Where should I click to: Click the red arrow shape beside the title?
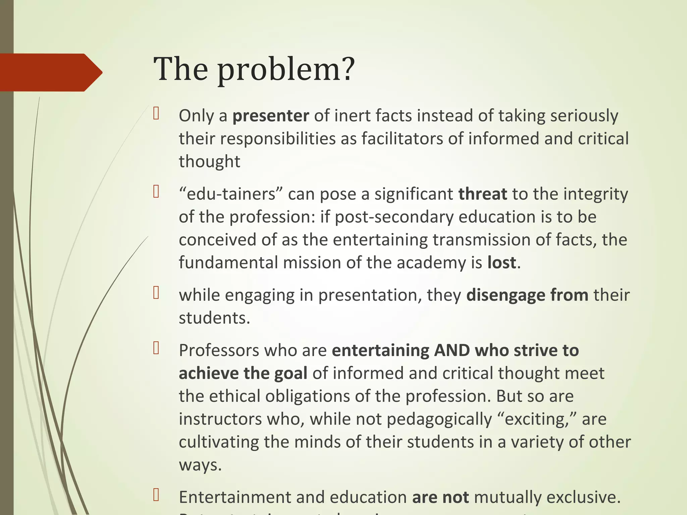[50, 72]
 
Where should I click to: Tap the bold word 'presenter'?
[271, 116]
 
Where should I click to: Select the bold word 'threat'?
[482, 194]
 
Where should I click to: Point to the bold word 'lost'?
[501, 263]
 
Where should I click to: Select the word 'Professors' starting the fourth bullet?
[219, 351]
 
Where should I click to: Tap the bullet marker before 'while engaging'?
[156, 293]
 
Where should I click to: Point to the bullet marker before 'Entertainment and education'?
[156, 495]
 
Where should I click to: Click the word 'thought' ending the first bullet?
[209, 162]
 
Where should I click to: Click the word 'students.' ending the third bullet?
[214, 318]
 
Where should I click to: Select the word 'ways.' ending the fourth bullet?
[200, 465]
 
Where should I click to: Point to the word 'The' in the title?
[181, 69]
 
